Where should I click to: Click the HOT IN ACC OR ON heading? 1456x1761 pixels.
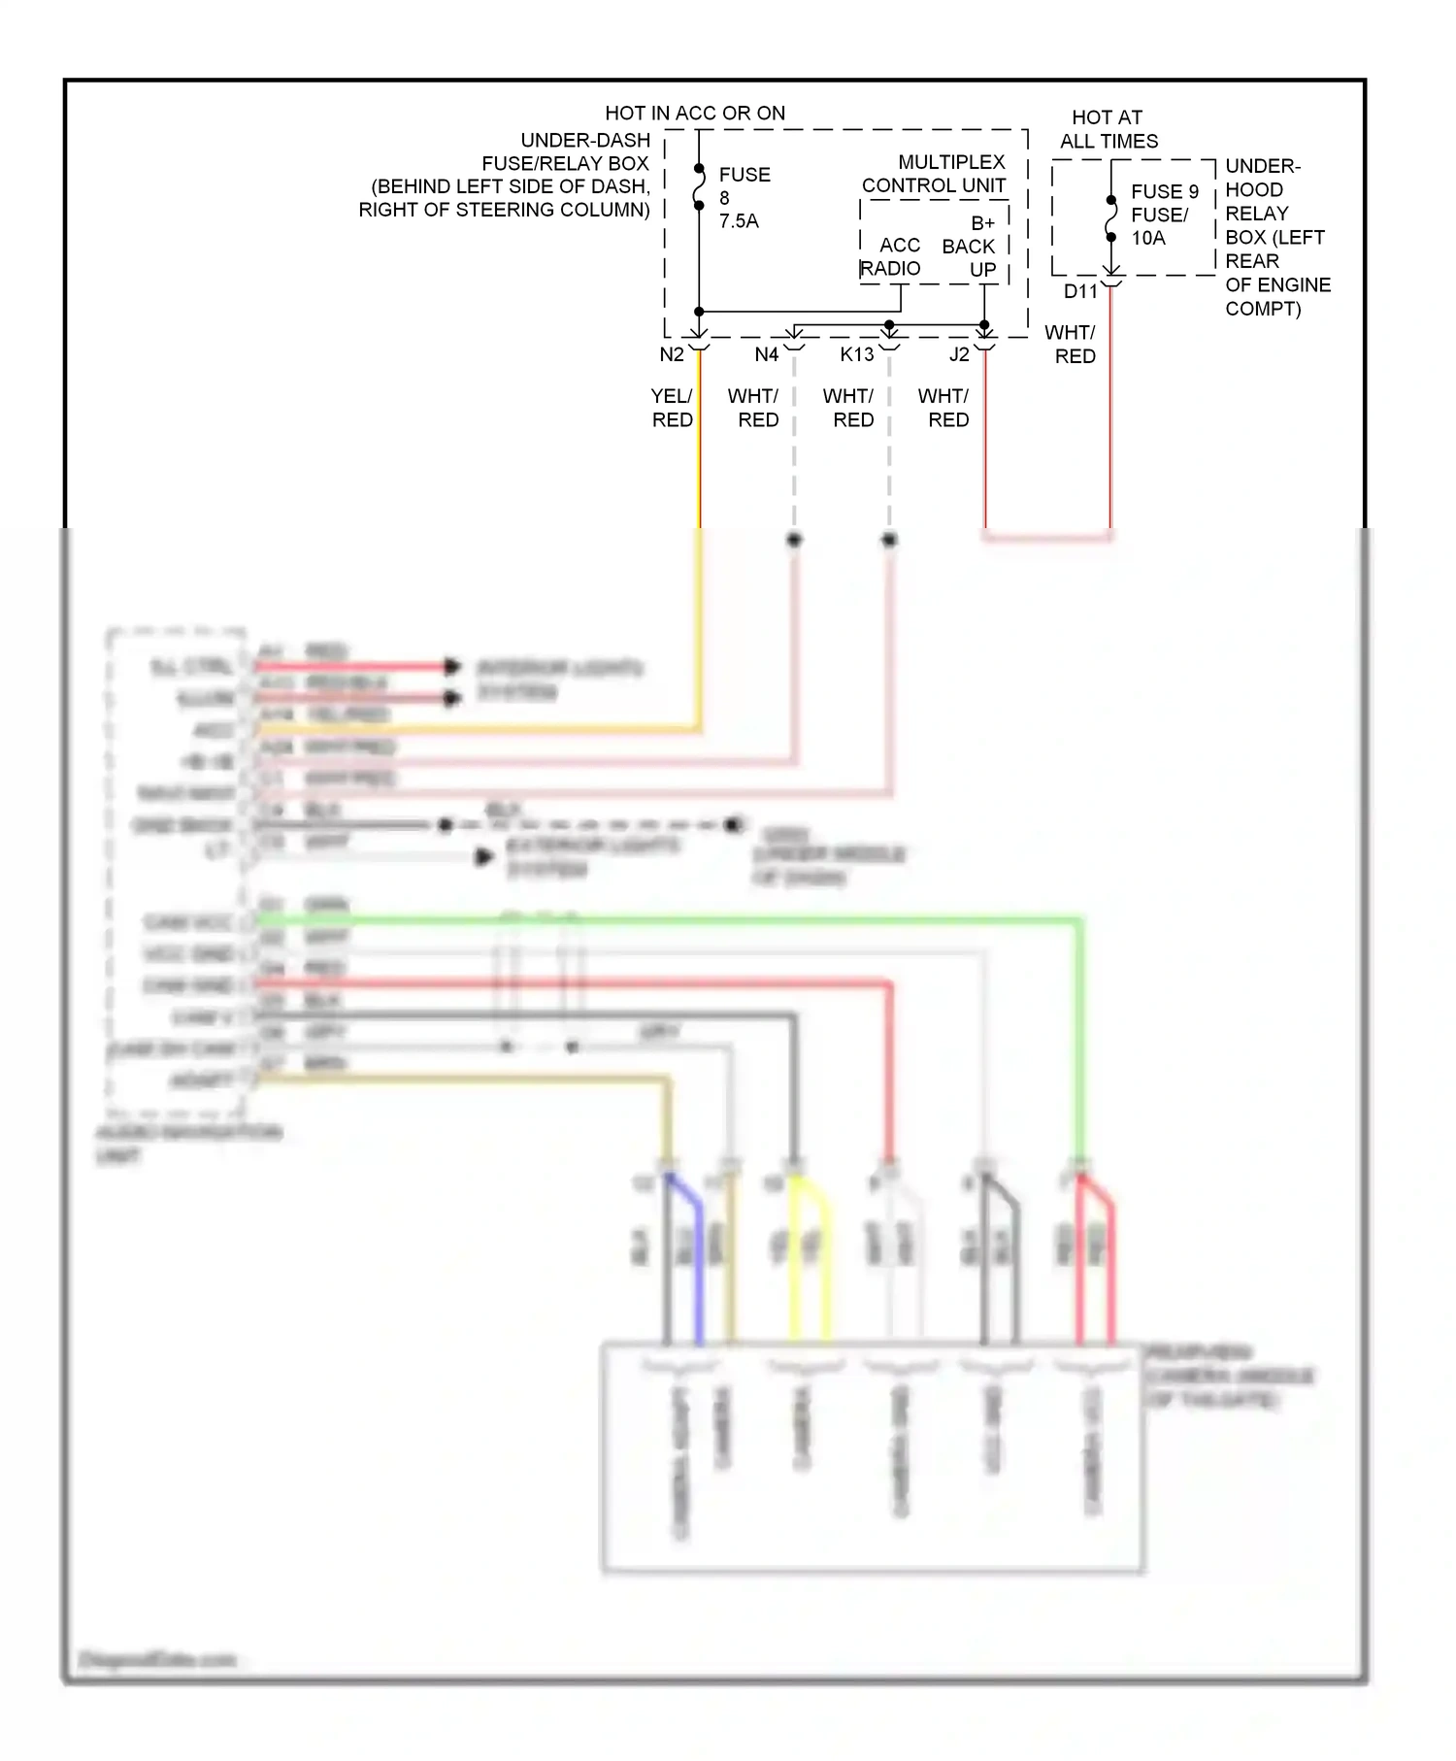(x=695, y=114)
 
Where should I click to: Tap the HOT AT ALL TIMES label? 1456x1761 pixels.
(x=1109, y=129)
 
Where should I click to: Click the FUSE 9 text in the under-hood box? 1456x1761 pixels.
(x=1165, y=192)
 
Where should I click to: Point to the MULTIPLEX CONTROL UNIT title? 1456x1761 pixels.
(x=936, y=174)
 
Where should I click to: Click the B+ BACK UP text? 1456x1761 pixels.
(x=970, y=247)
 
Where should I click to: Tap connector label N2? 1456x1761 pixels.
(x=672, y=355)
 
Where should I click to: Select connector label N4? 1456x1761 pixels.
(x=767, y=355)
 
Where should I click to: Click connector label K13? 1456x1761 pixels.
(x=857, y=355)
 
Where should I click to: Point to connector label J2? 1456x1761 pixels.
(x=959, y=355)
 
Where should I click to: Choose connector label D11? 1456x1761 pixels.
(x=1080, y=292)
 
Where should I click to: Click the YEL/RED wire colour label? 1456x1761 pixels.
(x=672, y=409)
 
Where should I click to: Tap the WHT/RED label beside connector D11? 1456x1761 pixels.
(x=1073, y=345)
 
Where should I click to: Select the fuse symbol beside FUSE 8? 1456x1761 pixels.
(x=699, y=187)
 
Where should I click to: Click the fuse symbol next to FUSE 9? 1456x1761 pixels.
(x=1111, y=219)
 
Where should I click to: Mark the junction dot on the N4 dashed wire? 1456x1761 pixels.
(x=794, y=540)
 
